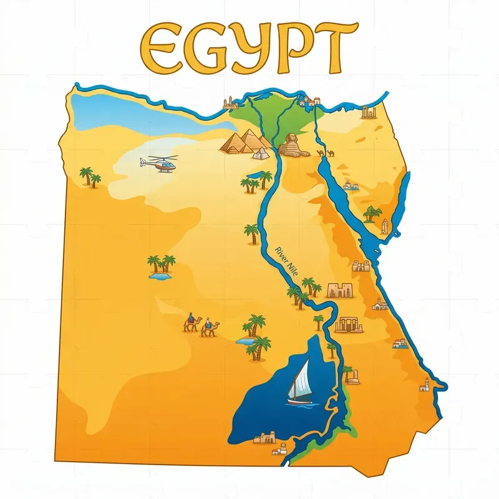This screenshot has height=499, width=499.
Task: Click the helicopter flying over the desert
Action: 158,164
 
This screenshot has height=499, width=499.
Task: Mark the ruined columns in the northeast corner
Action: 369,112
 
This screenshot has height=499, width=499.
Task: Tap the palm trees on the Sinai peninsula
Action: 372,213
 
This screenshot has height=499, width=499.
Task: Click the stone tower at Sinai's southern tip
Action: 385,226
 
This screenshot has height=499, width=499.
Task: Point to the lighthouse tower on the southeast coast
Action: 425,383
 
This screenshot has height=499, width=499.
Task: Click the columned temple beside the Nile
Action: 349,324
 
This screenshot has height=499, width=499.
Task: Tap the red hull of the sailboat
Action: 299,402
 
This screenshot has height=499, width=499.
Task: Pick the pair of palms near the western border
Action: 90,177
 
